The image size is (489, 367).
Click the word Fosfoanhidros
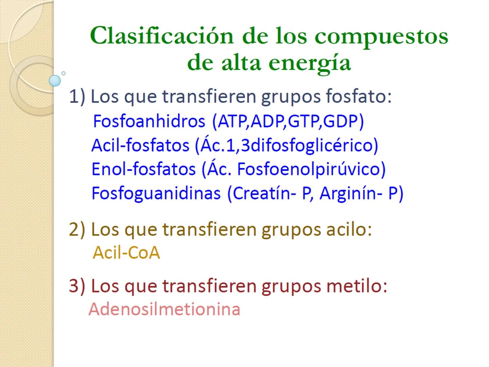[x=149, y=121]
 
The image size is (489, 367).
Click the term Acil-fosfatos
[x=140, y=145]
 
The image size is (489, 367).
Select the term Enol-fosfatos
[x=144, y=169]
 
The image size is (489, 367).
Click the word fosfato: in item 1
[x=359, y=96]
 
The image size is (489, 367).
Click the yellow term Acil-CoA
[x=126, y=253]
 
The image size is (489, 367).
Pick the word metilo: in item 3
[x=357, y=286]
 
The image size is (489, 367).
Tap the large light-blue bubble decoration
[x=55, y=81]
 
